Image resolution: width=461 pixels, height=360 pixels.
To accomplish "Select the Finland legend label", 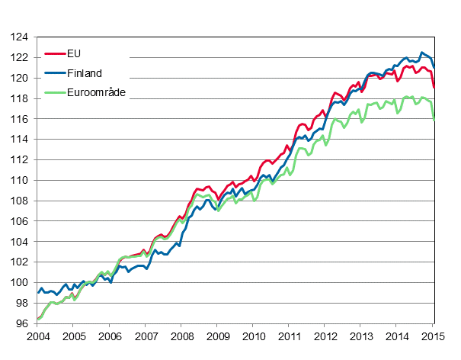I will [x=85, y=73].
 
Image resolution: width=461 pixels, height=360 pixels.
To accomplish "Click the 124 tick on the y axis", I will [x=19, y=37].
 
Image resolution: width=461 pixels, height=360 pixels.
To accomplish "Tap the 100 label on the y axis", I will [x=19, y=282].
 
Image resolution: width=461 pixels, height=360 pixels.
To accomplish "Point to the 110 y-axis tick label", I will [x=19, y=180].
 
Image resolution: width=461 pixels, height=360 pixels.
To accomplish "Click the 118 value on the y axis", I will [x=19, y=98].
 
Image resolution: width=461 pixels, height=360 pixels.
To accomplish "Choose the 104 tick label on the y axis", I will [x=19, y=242].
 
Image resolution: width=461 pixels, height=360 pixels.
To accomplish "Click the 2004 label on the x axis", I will [x=37, y=336].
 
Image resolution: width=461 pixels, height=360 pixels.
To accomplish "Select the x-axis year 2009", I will [x=218, y=336].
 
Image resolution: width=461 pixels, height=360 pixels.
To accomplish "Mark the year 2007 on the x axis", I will [x=146, y=336].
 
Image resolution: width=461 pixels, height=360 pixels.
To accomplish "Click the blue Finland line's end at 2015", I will [x=434, y=67].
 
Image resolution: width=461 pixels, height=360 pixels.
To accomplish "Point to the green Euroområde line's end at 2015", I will [x=434, y=120].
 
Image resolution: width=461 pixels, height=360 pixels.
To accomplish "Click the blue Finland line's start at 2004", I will [x=38, y=292].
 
